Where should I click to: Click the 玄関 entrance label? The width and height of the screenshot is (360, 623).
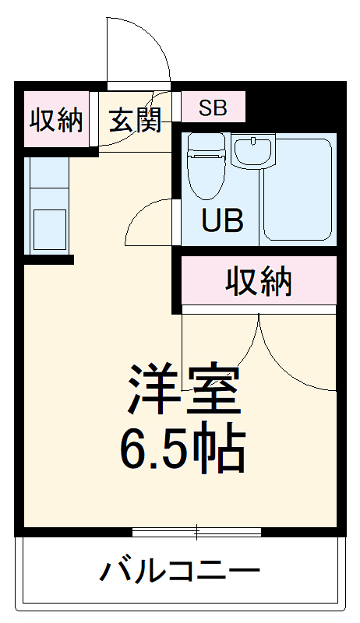click(x=134, y=121)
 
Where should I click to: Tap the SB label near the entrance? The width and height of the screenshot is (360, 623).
click(x=212, y=107)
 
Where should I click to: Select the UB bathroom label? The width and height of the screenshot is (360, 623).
click(x=223, y=220)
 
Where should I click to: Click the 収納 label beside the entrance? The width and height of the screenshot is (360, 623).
click(x=56, y=121)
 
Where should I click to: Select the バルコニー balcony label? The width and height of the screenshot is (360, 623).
click(x=179, y=574)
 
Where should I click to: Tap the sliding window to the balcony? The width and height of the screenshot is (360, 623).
click(x=196, y=533)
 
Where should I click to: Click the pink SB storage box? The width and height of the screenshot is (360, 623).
click(x=214, y=107)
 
